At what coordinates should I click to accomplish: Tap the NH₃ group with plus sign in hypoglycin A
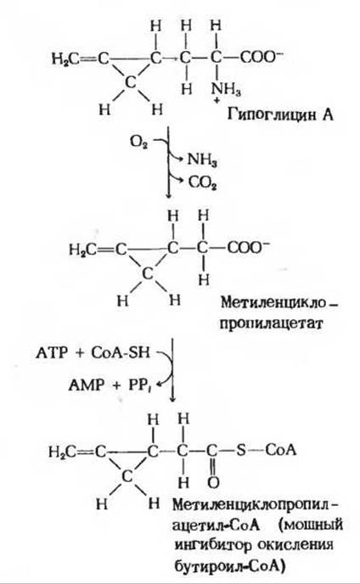tap(226, 92)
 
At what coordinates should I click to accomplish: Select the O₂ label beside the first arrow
tap(138, 143)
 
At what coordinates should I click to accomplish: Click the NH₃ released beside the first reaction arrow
tap(202, 160)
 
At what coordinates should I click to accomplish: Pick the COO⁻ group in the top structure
tap(262, 58)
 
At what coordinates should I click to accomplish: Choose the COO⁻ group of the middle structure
tap(248, 247)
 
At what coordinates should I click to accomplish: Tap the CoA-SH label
tap(121, 352)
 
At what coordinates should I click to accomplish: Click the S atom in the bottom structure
tap(241, 451)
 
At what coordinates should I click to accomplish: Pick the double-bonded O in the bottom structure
tap(213, 483)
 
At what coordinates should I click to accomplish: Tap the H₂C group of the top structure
tap(65, 59)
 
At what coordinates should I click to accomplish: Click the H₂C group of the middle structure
tap(82, 250)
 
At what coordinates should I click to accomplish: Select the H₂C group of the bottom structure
tap(62, 452)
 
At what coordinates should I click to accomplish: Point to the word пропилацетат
tap(270, 323)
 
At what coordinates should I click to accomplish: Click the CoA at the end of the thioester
tap(281, 450)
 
